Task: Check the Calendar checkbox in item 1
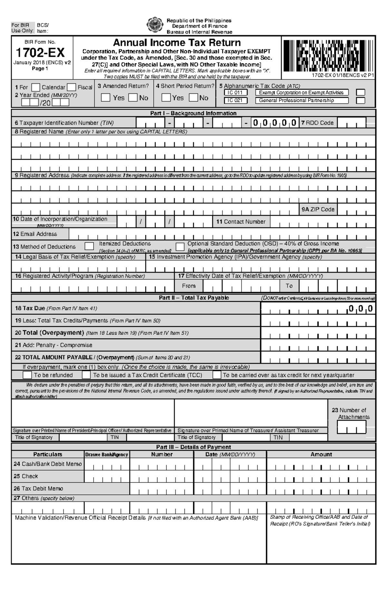[36, 87]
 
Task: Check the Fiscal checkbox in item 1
[72, 87]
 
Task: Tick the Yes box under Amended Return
[105, 98]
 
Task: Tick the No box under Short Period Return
[193, 97]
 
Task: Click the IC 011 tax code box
[236, 93]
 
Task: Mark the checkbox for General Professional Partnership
[361, 101]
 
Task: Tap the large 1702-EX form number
[40, 53]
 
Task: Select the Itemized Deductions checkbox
[89, 246]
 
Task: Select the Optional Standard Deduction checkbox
[180, 247]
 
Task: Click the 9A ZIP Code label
[318, 209]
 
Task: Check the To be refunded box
[27, 375]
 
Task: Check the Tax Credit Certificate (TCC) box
[86, 375]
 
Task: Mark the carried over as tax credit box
[217, 375]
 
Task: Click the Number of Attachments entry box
[352, 427]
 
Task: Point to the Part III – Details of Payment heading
[193, 447]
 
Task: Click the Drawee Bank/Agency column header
[107, 455]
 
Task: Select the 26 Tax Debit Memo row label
[38, 488]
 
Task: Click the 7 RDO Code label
[317, 123]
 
